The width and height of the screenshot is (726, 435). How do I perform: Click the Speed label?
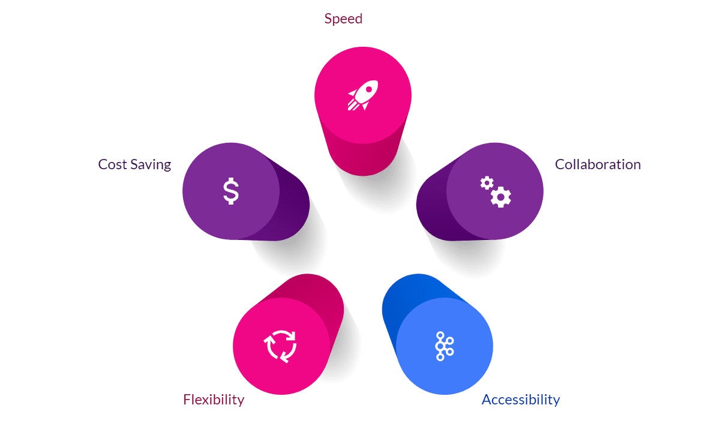point(343,19)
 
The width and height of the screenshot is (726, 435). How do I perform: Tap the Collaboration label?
point(598,164)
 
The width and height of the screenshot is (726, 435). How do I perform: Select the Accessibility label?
point(520,400)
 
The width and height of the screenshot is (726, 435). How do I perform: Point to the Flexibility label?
point(214,400)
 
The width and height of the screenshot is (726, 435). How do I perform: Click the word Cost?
point(112,164)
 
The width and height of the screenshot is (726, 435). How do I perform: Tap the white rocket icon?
point(362,95)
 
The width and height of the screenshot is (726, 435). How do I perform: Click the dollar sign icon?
point(230,191)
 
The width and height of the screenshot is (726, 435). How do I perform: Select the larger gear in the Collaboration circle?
point(501,197)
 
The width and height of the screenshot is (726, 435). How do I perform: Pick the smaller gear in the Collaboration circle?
point(487,182)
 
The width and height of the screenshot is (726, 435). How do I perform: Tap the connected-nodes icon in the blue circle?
point(444,346)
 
